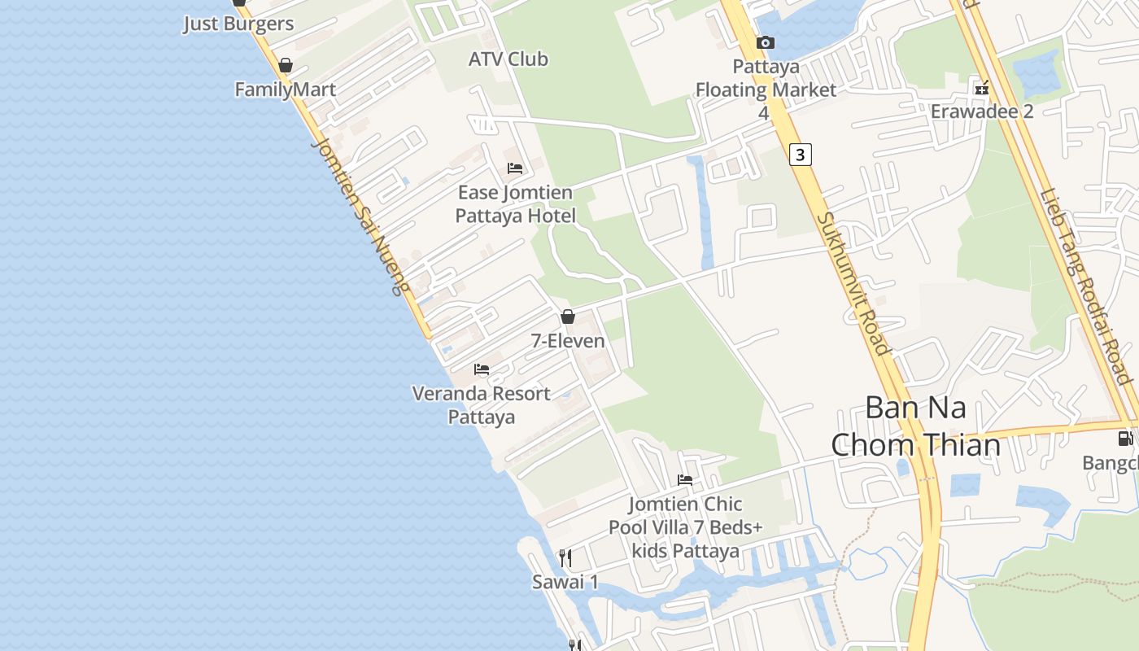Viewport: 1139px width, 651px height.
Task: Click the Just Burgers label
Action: (238, 24)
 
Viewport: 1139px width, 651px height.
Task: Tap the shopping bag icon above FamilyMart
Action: (286, 65)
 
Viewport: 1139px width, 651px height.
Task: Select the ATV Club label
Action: (508, 59)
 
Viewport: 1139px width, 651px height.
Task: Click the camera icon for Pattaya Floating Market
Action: (765, 42)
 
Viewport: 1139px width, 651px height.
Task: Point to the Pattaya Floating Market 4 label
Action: (765, 89)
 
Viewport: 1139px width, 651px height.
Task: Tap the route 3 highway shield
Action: (801, 154)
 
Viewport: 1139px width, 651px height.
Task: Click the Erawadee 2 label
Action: (982, 111)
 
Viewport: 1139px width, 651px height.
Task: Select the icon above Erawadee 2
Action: (982, 88)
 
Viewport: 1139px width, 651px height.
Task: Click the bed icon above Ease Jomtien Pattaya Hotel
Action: (515, 168)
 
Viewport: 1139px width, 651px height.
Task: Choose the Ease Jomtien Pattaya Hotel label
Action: (515, 204)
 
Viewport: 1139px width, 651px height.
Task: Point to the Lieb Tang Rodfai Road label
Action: (1085, 287)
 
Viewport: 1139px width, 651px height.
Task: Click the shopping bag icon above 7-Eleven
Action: (568, 317)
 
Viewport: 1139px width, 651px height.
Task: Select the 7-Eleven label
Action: (568, 340)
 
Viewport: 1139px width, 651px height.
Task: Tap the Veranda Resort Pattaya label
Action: (482, 404)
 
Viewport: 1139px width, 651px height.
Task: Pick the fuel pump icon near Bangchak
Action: (1125, 439)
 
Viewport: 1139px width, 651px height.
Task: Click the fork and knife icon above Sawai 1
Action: (565, 558)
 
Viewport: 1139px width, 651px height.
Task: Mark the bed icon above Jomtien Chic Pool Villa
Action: (685, 480)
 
